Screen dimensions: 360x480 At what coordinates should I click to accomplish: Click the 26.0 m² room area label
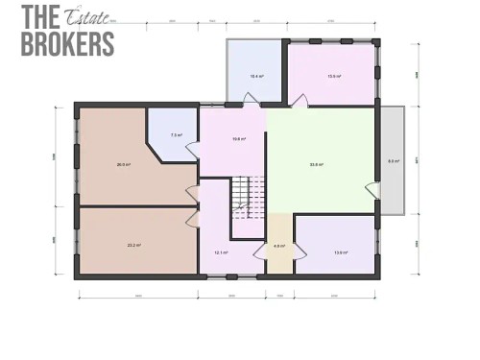click(123, 164)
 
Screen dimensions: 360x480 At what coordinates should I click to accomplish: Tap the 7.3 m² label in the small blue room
click(176, 134)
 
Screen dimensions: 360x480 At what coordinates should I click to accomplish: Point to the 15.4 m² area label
click(256, 75)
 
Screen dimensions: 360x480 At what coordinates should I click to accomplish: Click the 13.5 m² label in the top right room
click(333, 75)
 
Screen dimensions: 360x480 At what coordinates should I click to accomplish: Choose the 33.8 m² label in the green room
click(316, 164)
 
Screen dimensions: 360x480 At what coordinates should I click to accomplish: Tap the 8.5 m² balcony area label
click(392, 161)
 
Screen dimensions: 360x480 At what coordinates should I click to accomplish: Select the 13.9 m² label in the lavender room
click(340, 252)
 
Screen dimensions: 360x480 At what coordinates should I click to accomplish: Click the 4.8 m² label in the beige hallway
click(278, 247)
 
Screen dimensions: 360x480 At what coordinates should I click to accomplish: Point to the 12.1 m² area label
click(220, 252)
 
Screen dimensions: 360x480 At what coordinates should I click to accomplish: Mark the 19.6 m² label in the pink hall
click(238, 139)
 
